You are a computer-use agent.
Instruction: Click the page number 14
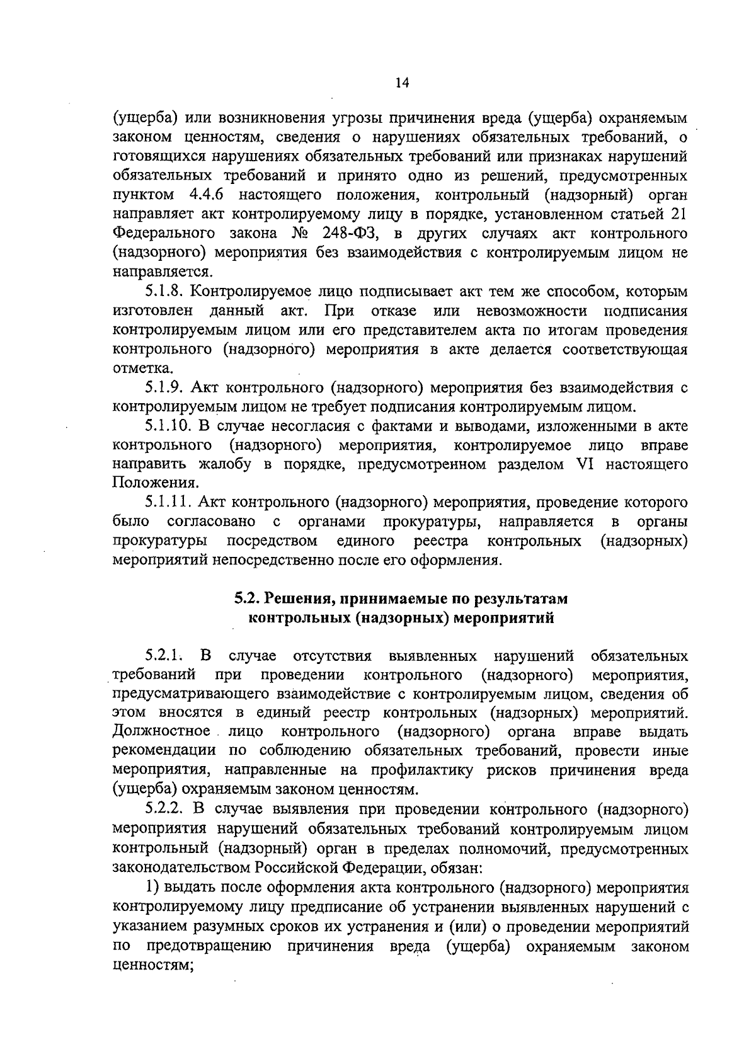coord(403,82)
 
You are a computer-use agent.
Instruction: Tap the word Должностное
coord(161,732)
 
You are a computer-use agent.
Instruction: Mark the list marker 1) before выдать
coord(151,888)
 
